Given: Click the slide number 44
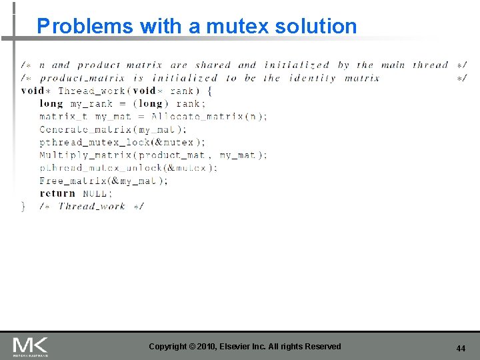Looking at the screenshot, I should click(460, 348).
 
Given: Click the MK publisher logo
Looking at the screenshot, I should click(30, 346).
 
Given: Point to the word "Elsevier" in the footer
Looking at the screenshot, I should click(240, 346).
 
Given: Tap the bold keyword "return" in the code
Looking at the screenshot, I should click(57, 193).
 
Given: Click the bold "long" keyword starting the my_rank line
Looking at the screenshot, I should click(51, 103).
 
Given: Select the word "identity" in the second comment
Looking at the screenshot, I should click(313, 78).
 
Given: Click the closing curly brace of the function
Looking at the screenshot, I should click(24, 206).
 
